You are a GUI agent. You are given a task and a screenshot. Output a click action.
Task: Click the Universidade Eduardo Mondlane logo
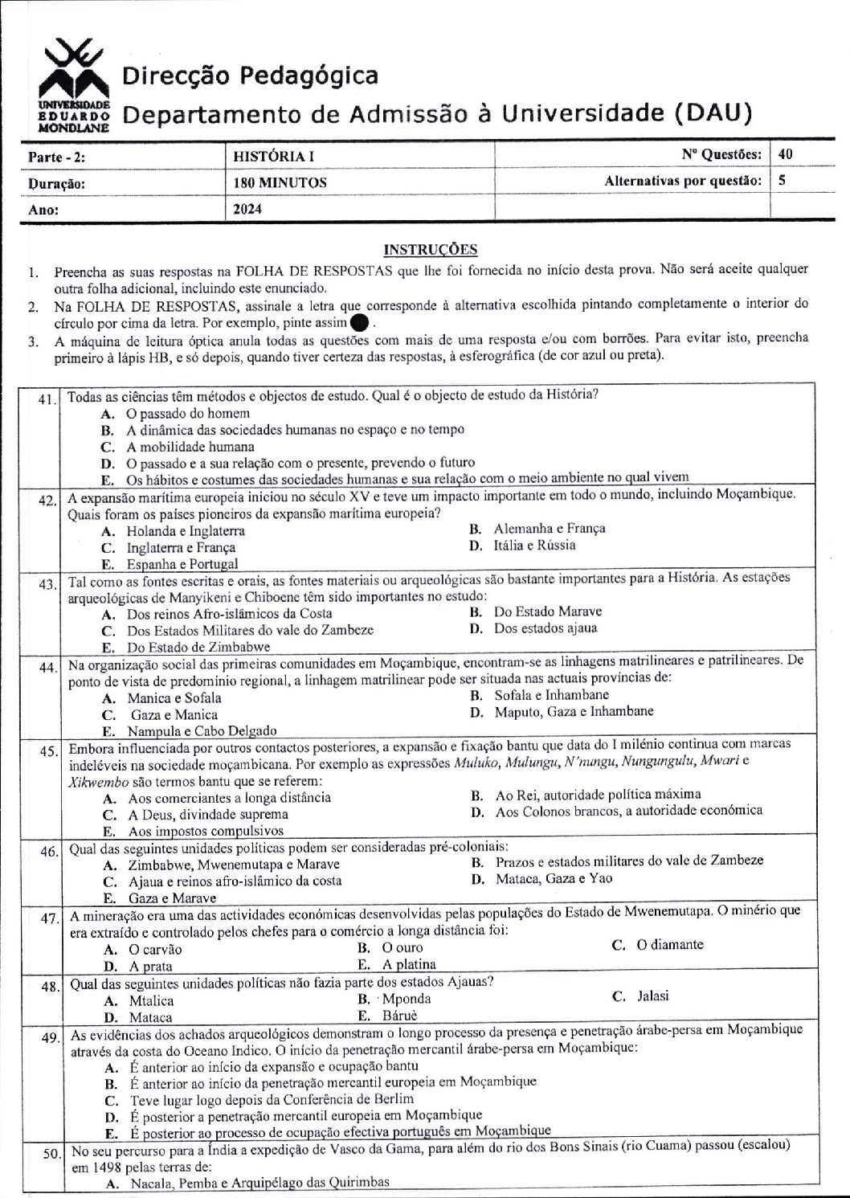tap(72, 87)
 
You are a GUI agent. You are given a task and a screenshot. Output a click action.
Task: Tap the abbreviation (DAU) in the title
tap(713, 113)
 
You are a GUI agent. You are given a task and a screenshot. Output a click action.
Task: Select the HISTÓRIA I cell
tap(266, 157)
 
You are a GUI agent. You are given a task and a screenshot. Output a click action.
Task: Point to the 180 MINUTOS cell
tap(280, 183)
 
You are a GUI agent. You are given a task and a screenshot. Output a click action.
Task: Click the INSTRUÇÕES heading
tap(431, 249)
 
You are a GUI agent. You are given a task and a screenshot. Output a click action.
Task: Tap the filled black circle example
tap(360, 322)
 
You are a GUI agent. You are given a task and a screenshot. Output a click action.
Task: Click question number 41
tap(47, 399)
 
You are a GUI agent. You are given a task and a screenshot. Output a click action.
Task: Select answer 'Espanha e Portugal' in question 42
tap(182, 564)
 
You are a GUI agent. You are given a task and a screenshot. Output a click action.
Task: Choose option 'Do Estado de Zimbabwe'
tap(198, 647)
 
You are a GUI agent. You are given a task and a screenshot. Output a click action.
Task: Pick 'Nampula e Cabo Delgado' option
tap(202, 731)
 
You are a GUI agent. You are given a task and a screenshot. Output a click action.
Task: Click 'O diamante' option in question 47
tap(669, 945)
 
